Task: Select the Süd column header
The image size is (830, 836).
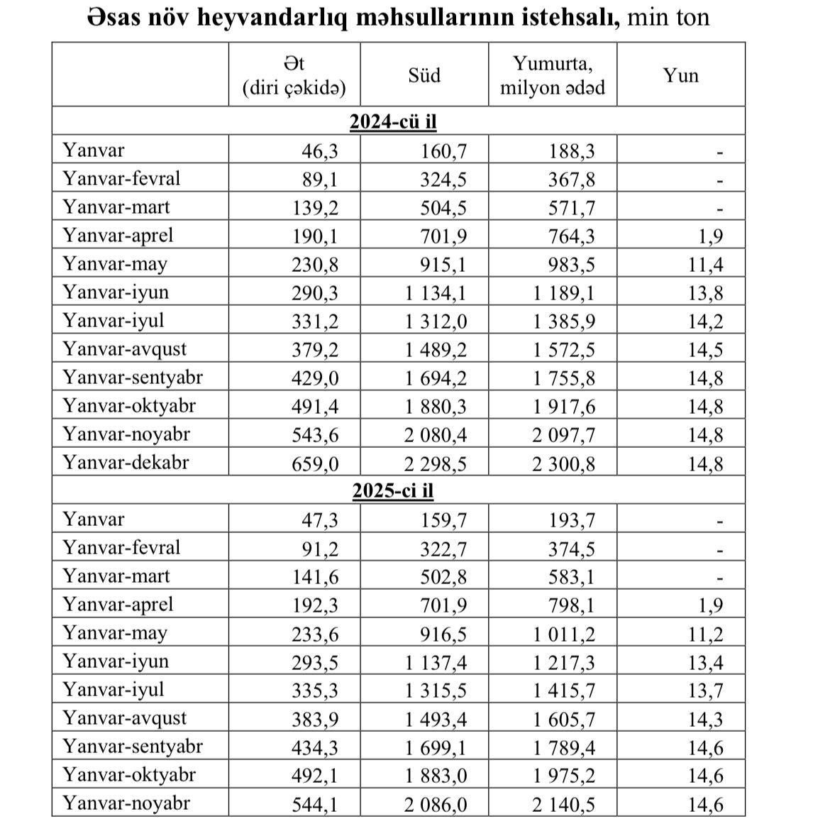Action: (x=424, y=75)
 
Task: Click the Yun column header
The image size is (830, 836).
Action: (x=681, y=75)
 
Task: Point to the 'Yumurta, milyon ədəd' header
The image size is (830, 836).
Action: (x=553, y=75)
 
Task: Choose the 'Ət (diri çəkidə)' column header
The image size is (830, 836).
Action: (x=294, y=75)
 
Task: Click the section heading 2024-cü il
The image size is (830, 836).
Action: (x=393, y=121)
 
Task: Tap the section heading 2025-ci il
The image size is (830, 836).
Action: (x=393, y=490)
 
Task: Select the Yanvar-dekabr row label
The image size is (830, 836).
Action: (x=126, y=462)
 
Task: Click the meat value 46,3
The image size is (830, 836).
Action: (x=321, y=151)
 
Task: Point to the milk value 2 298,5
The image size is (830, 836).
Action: (x=436, y=463)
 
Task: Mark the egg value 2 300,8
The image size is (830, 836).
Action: (x=564, y=463)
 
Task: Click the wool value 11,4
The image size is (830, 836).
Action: (x=706, y=265)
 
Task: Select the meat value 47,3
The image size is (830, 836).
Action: (x=321, y=520)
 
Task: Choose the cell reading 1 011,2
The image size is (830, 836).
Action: (x=564, y=634)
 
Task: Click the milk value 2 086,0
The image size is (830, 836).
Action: (x=436, y=804)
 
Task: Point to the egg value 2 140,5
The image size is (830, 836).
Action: (x=564, y=804)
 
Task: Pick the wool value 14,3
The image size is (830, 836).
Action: (x=706, y=719)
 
